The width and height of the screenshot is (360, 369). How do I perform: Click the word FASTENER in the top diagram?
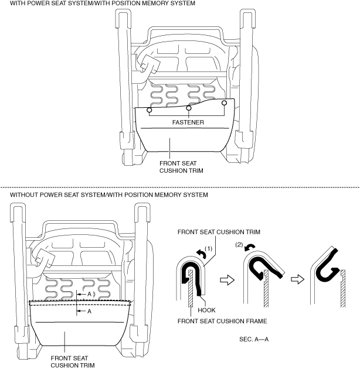188,124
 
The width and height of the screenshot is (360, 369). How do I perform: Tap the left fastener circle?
150,110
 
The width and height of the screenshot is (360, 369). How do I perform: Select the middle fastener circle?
188,108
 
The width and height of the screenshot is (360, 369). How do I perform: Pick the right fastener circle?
225,104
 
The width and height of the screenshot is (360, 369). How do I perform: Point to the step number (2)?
239,243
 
